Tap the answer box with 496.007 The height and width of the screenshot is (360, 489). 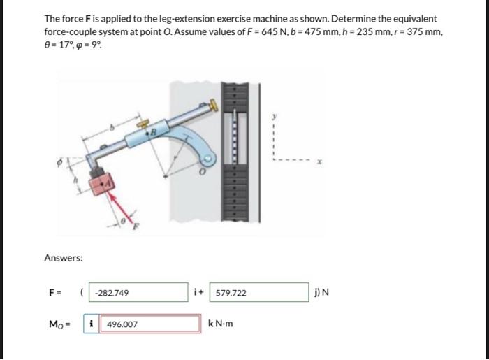(150, 324)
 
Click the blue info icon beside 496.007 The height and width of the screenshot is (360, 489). (92, 324)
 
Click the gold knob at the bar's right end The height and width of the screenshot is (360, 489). (212, 105)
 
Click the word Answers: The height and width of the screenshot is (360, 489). (64, 258)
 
